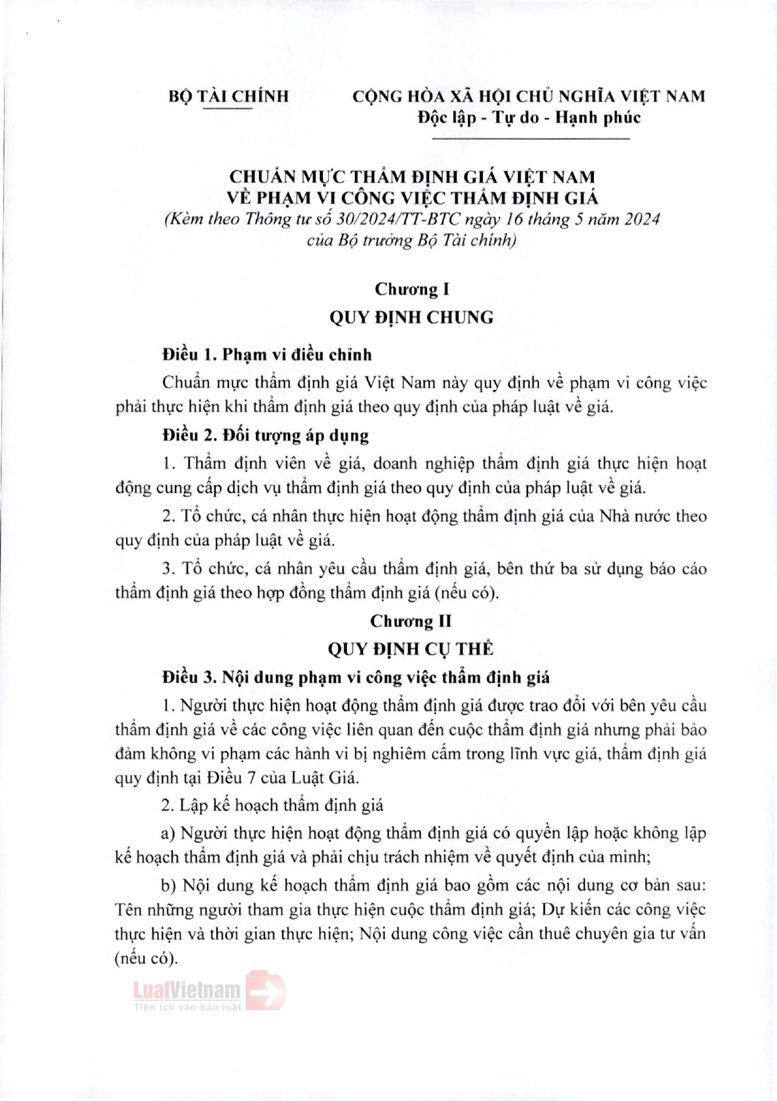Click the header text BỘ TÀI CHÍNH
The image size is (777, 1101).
[x=228, y=97]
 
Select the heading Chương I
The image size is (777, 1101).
[x=411, y=290]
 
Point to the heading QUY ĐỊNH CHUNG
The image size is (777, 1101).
[x=411, y=318]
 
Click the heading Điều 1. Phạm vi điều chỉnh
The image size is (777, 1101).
[x=267, y=355]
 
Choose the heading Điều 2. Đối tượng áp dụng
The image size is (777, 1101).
[x=265, y=436]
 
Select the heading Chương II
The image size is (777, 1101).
[x=411, y=621]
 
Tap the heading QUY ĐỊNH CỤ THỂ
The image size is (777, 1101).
[x=411, y=649]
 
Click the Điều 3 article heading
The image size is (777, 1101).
[x=356, y=677]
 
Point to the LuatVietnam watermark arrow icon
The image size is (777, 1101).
[x=266, y=991]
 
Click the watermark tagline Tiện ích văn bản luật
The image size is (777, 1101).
[x=187, y=1007]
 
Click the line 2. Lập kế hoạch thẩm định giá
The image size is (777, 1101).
[x=272, y=805]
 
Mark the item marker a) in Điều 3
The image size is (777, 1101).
[x=168, y=833]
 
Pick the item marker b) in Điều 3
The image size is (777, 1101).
[x=169, y=886]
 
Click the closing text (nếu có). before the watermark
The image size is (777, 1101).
[x=146, y=959]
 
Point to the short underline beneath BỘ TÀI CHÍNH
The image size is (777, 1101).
[x=227, y=110]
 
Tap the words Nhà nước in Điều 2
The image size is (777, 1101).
[x=634, y=516]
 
